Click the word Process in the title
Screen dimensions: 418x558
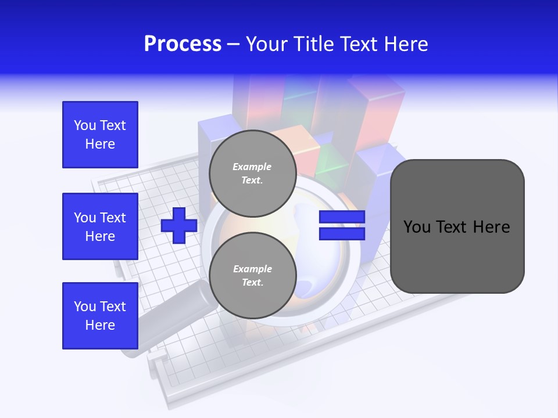(183, 44)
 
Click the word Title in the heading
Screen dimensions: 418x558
(314, 44)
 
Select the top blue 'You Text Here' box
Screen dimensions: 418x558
(100, 135)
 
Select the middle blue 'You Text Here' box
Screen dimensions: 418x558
(100, 226)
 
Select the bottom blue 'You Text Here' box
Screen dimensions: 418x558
(100, 316)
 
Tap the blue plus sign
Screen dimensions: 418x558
(179, 225)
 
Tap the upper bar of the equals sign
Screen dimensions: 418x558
(342, 217)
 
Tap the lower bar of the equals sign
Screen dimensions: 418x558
(342, 234)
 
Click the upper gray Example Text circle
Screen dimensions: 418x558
(252, 173)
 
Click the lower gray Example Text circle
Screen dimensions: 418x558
(252, 275)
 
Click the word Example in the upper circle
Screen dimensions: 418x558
(252, 167)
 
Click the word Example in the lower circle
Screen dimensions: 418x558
(252, 269)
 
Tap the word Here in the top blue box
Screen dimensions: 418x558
(100, 144)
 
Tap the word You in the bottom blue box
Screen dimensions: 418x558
(85, 307)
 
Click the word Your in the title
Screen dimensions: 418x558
(266, 44)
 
